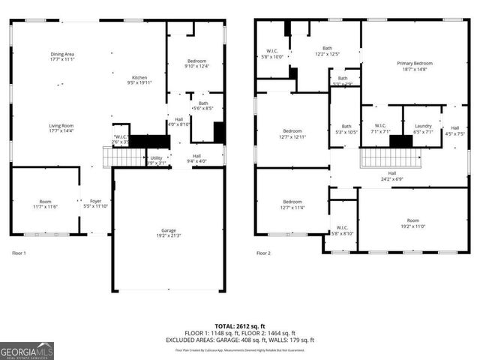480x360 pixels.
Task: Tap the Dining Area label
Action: (62, 56)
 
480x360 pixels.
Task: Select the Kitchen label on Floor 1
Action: (140, 80)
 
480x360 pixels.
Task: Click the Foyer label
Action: (96, 203)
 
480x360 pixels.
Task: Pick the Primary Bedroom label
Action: (415, 66)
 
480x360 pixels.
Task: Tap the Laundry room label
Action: (423, 129)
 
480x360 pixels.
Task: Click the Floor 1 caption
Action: (19, 253)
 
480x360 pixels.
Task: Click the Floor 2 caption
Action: (263, 253)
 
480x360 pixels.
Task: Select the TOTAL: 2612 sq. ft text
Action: (240, 326)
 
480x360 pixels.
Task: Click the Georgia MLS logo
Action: (27, 349)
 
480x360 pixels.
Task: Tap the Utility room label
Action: (155, 160)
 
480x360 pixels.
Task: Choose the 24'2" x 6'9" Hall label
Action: (391, 175)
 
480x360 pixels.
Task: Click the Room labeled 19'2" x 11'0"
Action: (412, 223)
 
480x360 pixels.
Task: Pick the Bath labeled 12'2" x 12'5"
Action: (327, 50)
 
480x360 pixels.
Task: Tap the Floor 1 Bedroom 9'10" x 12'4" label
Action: (196, 64)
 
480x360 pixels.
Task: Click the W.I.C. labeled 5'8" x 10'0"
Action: (271, 54)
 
